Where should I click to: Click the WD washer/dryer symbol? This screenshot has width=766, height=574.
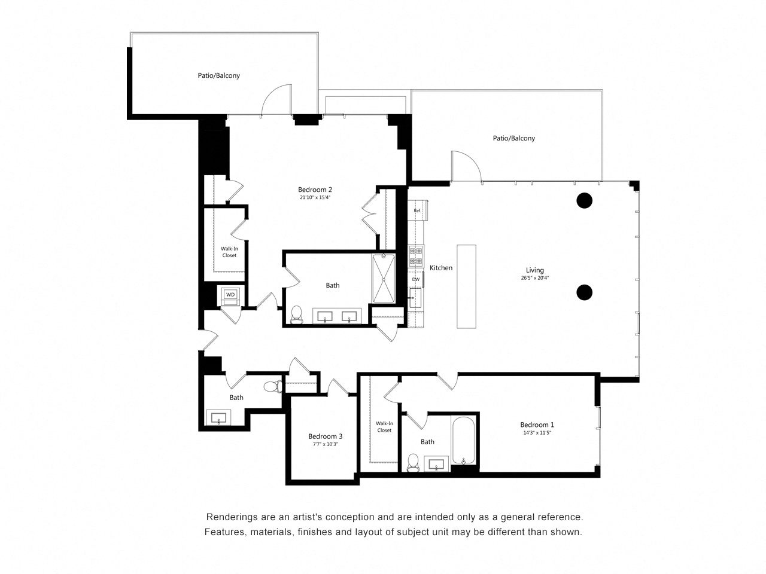(230, 295)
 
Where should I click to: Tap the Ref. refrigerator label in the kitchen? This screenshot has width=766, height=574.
(417, 210)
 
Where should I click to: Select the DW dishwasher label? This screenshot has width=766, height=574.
(415, 279)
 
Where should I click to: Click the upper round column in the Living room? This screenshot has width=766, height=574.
(584, 200)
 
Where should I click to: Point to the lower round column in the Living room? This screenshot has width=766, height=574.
(584, 292)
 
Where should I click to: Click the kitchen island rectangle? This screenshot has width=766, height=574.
(466, 286)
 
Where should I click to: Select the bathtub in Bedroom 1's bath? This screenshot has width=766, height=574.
(464, 441)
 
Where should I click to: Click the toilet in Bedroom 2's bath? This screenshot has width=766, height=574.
(296, 315)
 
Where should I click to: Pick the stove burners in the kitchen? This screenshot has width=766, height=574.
(416, 256)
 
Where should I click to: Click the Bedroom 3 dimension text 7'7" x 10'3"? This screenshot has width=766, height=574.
(326, 444)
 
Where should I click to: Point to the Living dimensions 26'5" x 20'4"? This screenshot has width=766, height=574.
(534, 278)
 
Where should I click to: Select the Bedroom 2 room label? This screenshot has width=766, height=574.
(315, 190)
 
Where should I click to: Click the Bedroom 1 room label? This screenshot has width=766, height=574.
(537, 425)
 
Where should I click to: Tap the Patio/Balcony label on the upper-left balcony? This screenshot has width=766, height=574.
(219, 75)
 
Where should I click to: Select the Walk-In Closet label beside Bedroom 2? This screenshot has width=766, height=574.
(229, 252)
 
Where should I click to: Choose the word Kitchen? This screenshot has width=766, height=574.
(441, 268)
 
